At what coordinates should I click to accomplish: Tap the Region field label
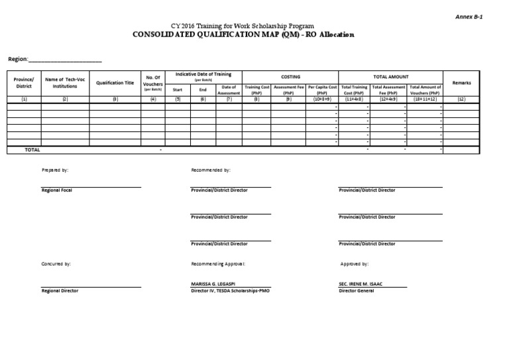coord(18,59)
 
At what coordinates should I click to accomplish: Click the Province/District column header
coord(24,83)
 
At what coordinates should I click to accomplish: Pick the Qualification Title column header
coord(115,83)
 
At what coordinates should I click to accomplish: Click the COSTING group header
coord(291,76)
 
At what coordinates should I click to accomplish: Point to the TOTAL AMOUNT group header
coord(391,76)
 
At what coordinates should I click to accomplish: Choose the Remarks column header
coord(461,83)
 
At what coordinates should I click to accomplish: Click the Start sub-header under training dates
coord(178,89)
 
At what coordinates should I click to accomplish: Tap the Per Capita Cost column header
coord(322,90)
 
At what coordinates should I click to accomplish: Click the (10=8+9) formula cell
coord(322,99)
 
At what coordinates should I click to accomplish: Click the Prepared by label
coord(55,170)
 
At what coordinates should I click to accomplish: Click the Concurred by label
coord(56,264)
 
